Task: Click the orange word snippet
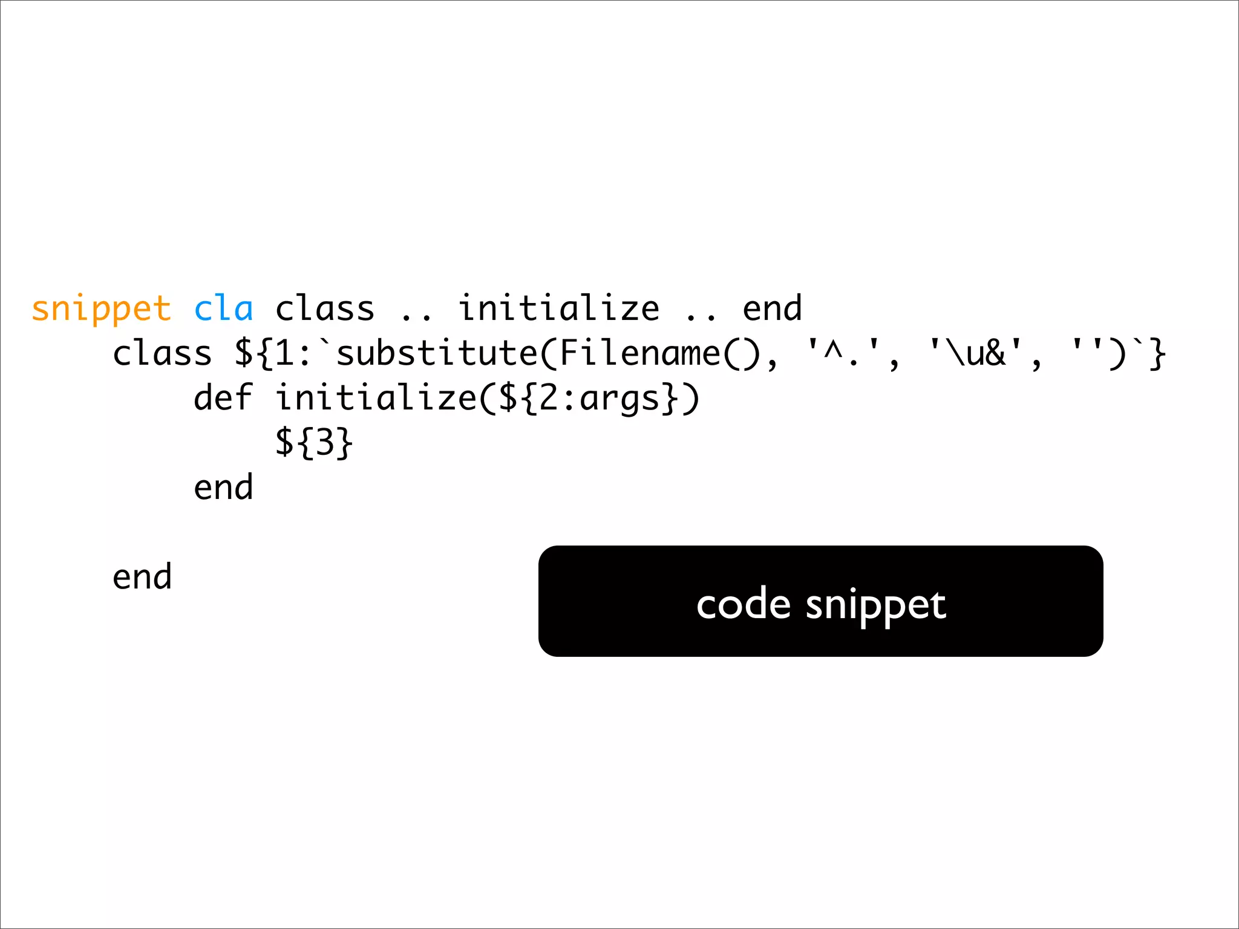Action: click(101, 310)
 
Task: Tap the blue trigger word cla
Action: click(223, 309)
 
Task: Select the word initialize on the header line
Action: click(558, 308)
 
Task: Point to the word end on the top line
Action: click(772, 308)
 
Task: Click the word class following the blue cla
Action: click(325, 308)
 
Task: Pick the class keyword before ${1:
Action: click(162, 353)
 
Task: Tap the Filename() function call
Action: click(660, 353)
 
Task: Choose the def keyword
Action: click(223, 398)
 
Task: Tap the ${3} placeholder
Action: click(313, 443)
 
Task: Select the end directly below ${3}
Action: click(223, 487)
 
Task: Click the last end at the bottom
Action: click(142, 576)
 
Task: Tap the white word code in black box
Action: click(743, 604)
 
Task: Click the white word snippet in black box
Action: click(875, 605)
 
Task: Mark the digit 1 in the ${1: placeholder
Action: click(284, 353)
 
